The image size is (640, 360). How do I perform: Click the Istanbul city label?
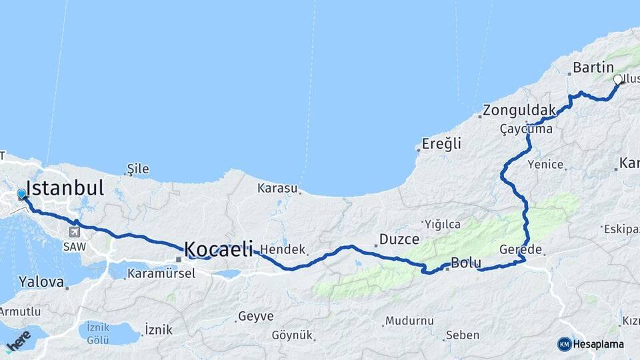(65, 187)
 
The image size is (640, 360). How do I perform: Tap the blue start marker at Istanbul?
(21, 194)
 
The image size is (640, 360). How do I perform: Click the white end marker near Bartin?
(617, 79)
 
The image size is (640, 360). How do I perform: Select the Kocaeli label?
(219, 249)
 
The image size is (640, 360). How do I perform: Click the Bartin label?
(593, 67)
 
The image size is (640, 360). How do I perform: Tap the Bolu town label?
(466, 263)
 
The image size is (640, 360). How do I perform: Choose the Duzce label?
(399, 239)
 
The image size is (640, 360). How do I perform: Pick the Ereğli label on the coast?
(441, 144)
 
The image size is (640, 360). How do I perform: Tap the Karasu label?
(277, 188)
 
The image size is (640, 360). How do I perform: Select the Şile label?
(138, 169)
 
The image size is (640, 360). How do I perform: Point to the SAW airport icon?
(73, 232)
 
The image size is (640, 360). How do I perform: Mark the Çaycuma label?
(526, 129)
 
